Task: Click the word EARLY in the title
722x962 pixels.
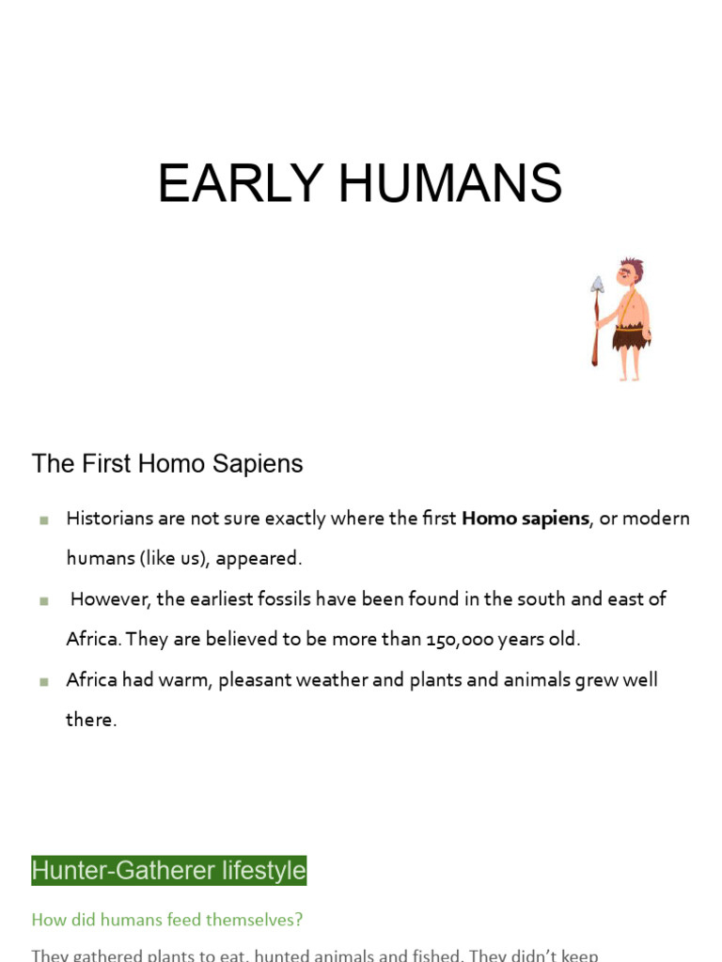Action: click(x=241, y=184)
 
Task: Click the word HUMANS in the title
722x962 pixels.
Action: click(x=450, y=184)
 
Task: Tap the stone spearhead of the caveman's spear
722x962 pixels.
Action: click(x=597, y=284)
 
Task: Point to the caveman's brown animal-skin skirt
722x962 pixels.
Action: click(x=631, y=336)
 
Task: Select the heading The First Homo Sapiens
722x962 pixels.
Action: click(x=167, y=464)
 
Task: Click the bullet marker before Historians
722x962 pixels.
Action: click(x=43, y=520)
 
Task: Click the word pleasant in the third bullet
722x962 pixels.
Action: click(x=256, y=680)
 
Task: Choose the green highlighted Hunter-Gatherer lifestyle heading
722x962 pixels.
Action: click(x=169, y=871)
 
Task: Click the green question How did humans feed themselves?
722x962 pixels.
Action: click(x=167, y=920)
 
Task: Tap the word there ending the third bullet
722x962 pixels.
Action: click(x=91, y=721)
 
